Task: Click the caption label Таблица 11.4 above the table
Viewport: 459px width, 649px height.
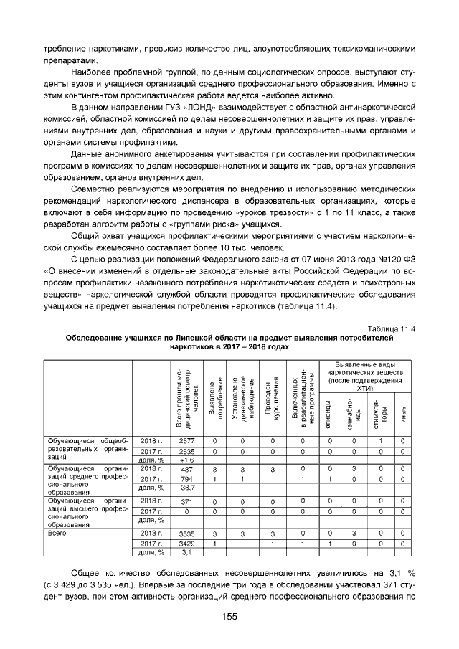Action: click(393, 328)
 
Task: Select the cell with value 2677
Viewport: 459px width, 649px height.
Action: click(186, 440)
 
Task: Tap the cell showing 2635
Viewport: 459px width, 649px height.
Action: click(186, 450)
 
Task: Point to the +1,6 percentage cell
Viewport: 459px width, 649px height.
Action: click(186, 460)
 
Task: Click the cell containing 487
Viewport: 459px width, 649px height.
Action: click(186, 468)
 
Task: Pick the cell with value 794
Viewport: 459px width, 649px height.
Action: click(186, 478)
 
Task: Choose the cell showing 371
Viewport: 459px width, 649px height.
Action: click(186, 501)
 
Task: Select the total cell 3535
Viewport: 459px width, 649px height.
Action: click(186, 534)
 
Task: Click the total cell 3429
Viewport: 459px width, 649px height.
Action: click(186, 544)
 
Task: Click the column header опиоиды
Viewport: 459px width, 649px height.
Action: click(329, 414)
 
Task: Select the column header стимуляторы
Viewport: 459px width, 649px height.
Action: click(379, 414)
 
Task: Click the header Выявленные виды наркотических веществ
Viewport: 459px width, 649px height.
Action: click(366, 374)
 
